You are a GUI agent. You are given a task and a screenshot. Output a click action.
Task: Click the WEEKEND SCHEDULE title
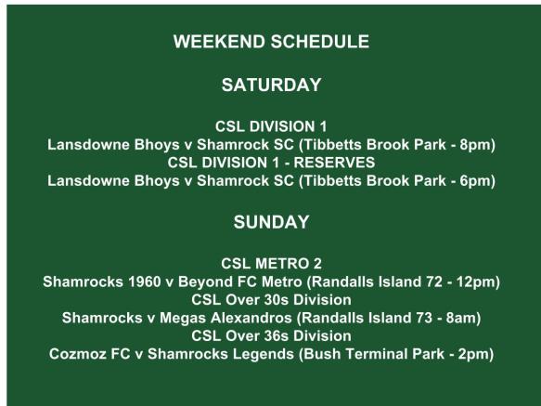(271, 42)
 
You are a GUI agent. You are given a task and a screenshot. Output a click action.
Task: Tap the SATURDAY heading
(271, 85)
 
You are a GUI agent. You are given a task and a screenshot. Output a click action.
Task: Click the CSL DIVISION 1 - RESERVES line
(271, 163)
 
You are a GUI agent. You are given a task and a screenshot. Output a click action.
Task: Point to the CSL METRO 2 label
(271, 263)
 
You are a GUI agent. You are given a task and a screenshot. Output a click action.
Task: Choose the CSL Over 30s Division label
(271, 299)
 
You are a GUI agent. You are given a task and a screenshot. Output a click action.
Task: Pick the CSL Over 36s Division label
(271, 335)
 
